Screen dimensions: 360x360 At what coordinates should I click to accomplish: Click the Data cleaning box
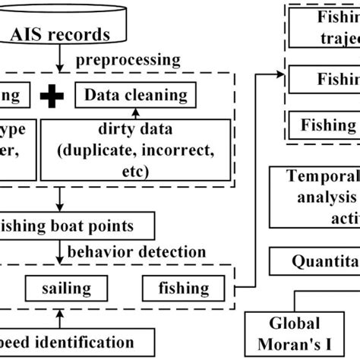[136, 95]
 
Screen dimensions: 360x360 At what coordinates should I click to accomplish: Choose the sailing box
[66, 288]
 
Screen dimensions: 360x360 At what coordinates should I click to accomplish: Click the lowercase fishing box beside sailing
[184, 288]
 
